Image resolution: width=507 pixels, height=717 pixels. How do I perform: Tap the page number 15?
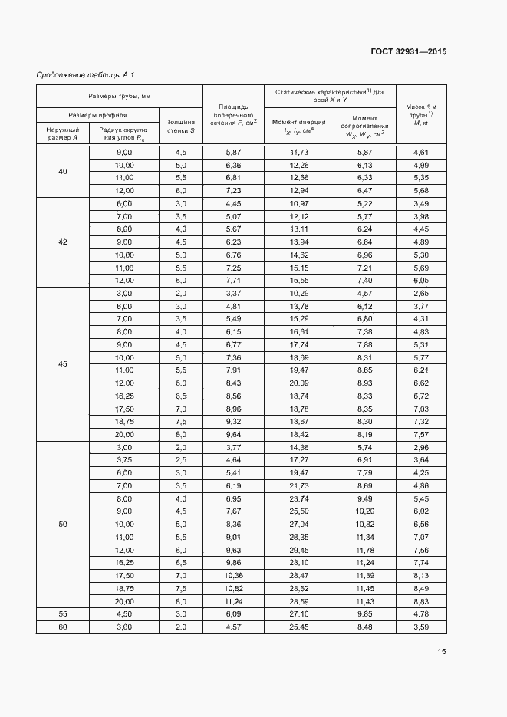pyautogui.click(x=442, y=652)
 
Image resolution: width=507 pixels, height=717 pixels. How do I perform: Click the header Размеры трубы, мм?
pyautogui.click(x=119, y=97)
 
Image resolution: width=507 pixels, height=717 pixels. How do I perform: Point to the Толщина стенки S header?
pyautogui.click(x=180, y=127)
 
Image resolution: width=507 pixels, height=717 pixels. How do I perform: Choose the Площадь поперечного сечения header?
pyautogui.click(x=233, y=114)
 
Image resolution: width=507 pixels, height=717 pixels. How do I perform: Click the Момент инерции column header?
pyautogui.click(x=299, y=127)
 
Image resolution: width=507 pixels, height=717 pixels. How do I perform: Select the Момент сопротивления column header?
pyautogui.click(x=364, y=127)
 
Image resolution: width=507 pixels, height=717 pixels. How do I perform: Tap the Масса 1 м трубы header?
pyautogui.click(x=421, y=114)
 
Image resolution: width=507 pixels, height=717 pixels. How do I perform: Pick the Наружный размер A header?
pyautogui.click(x=62, y=134)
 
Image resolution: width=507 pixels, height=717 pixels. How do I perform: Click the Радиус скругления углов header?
pyautogui.click(x=123, y=134)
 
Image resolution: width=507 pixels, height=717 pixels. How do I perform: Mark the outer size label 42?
pyautogui.click(x=63, y=242)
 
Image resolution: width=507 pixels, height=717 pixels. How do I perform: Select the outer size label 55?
pyautogui.click(x=63, y=613)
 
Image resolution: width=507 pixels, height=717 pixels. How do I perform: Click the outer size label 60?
pyautogui.click(x=63, y=627)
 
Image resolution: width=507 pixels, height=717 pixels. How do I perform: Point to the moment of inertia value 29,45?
pyautogui.click(x=299, y=550)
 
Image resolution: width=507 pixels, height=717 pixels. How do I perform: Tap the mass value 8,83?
pyautogui.click(x=421, y=601)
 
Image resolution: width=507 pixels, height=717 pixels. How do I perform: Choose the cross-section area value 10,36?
pyautogui.click(x=233, y=575)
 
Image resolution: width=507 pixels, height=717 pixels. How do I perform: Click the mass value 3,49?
pyautogui.click(x=421, y=203)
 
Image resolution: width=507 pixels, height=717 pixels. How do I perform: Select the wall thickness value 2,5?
pyautogui.click(x=180, y=459)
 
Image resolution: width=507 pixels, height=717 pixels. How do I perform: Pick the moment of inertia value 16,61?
pyautogui.click(x=299, y=331)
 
